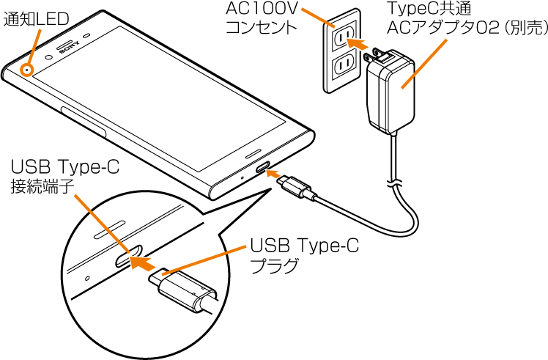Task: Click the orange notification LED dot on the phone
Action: (x=28, y=70)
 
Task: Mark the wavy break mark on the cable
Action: (x=396, y=180)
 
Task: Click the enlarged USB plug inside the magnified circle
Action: (x=181, y=291)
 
